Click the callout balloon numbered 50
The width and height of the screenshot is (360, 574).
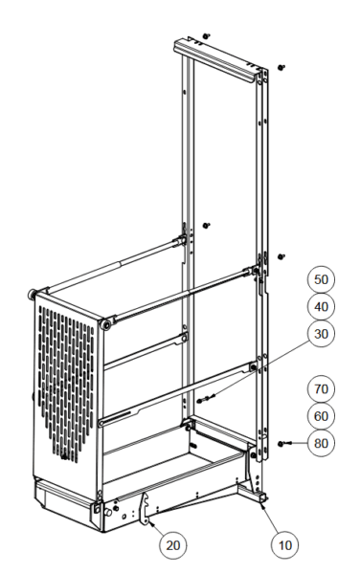pos(321,279)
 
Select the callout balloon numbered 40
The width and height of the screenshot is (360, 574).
pos(321,307)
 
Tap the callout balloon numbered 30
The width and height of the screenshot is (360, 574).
pos(321,334)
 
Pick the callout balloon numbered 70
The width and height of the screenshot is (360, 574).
pos(321,388)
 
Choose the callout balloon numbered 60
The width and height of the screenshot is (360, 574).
pos(321,416)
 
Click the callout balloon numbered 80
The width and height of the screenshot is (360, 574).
pos(321,443)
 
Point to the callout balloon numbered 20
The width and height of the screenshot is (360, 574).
pos(173,545)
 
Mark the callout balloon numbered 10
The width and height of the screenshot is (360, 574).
pos(285,545)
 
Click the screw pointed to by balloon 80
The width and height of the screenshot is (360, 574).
pos(284,444)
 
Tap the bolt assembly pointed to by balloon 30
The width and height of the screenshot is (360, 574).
pos(206,399)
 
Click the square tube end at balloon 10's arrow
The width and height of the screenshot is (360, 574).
pos(262,497)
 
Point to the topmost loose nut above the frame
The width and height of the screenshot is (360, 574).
pos(207,36)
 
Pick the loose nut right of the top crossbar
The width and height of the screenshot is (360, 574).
pos(281,68)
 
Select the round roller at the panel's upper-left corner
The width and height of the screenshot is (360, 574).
pos(33,294)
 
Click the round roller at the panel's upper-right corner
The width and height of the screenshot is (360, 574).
pos(106,324)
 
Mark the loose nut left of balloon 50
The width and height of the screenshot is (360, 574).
pos(281,257)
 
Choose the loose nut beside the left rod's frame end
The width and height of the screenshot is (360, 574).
pos(207,226)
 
